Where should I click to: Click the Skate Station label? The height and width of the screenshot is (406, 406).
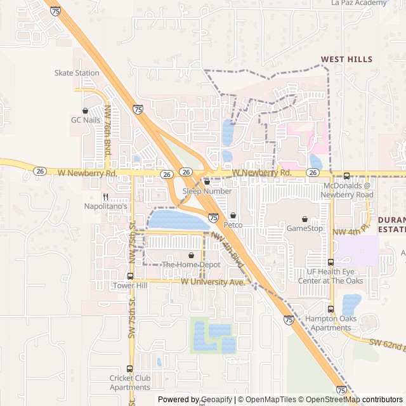pyautogui.click(x=77, y=73)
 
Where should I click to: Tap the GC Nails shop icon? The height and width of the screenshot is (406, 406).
pyautogui.click(x=85, y=110)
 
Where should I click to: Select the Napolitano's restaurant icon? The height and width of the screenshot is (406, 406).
pyautogui.click(x=106, y=197)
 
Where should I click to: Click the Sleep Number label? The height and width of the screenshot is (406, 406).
pyautogui.click(x=207, y=191)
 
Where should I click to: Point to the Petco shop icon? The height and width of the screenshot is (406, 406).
pyautogui.click(x=233, y=216)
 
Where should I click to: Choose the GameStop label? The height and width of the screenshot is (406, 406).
pyautogui.click(x=304, y=228)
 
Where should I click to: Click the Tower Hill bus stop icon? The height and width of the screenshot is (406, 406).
pyautogui.click(x=130, y=276)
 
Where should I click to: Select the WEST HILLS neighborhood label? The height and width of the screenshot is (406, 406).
pyautogui.click(x=346, y=59)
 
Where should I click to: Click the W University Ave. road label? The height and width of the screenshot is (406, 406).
pyautogui.click(x=213, y=281)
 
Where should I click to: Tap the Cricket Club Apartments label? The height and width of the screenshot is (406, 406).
pyautogui.click(x=130, y=383)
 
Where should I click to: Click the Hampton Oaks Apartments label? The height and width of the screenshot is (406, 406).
pyautogui.click(x=328, y=324)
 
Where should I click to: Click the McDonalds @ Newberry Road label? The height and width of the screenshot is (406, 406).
pyautogui.click(x=348, y=190)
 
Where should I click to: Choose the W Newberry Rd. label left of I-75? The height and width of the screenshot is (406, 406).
pyautogui.click(x=87, y=173)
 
